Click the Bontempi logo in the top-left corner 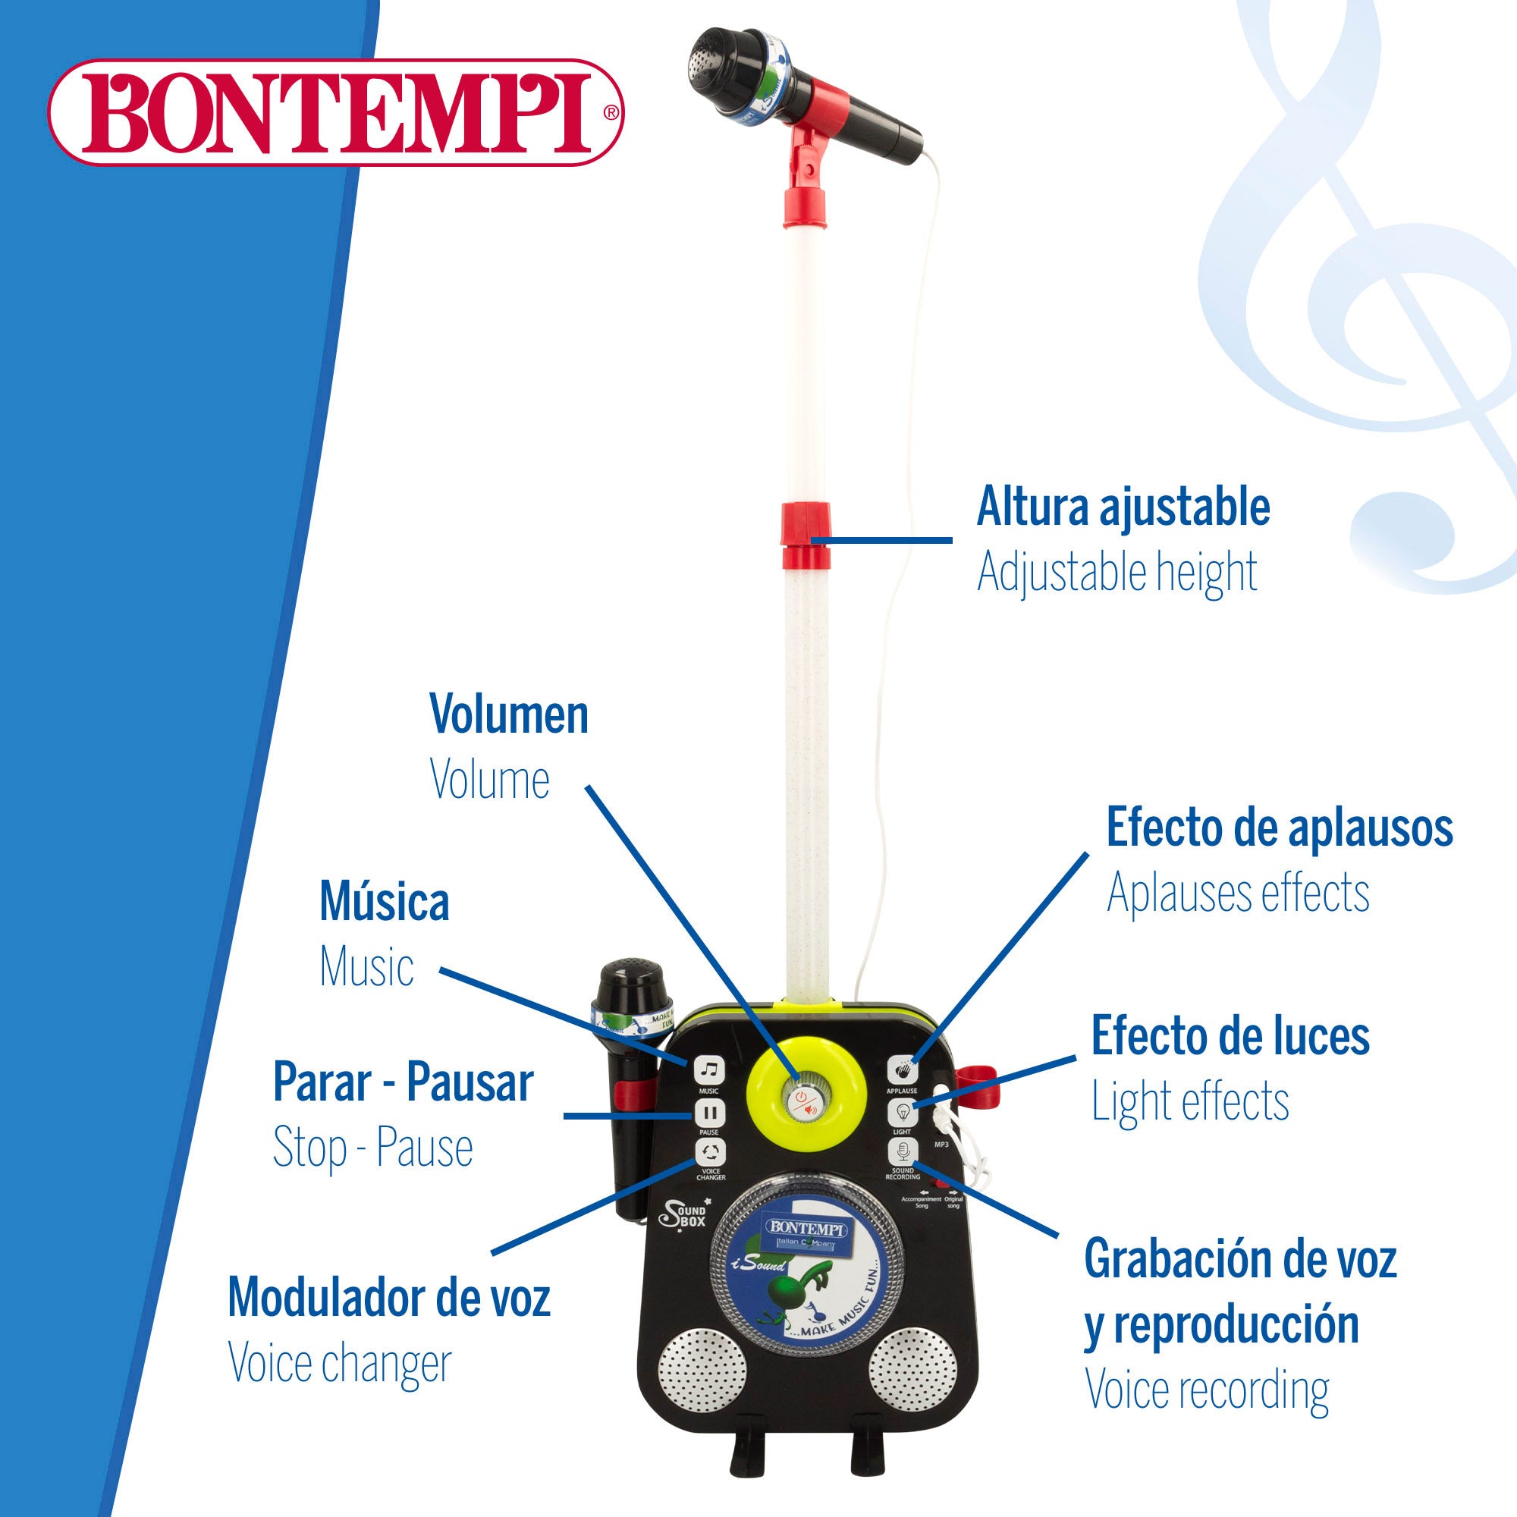[x=336, y=111]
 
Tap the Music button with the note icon [x=708, y=1069]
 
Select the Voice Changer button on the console [x=710, y=1153]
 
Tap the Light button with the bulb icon [x=902, y=1113]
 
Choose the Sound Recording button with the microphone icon [x=902, y=1153]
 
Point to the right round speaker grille [x=912, y=1371]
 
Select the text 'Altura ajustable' [x=1123, y=507]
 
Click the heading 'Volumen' [x=509, y=715]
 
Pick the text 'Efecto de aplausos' [x=1279, y=828]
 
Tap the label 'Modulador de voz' [x=389, y=1296]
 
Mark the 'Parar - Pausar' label [x=403, y=1082]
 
